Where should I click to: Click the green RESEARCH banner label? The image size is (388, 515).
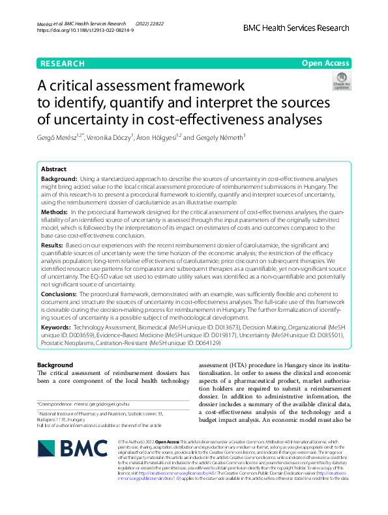tap(62, 63)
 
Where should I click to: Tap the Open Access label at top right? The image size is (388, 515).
tap(325, 63)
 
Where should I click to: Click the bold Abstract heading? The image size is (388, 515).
tap(54, 168)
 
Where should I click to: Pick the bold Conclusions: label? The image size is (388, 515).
tap(59, 294)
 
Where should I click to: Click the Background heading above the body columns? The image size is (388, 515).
tap(55, 365)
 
